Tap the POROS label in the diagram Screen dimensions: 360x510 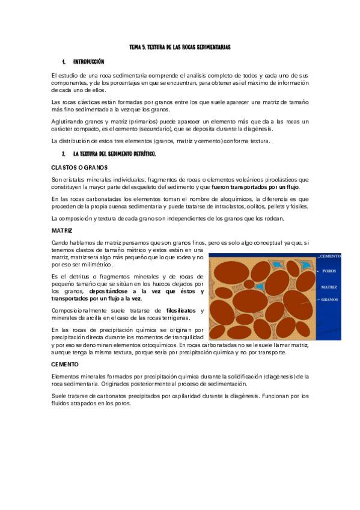(x=329, y=271)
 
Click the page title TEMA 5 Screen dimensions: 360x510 (x=180, y=46)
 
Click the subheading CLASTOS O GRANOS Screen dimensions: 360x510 (x=80, y=167)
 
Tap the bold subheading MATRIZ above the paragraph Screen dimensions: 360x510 (x=62, y=230)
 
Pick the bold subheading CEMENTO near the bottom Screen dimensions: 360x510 (x=65, y=364)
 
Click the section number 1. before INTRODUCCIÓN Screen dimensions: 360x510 (x=63, y=61)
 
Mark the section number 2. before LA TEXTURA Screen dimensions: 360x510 (x=63, y=155)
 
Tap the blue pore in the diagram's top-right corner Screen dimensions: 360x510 (x=307, y=264)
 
